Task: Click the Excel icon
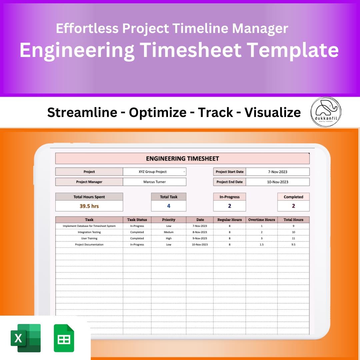(26, 338)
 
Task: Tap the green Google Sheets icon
(64, 338)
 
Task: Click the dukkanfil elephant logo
(326, 112)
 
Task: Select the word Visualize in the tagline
(272, 113)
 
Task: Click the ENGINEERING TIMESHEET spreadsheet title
(182, 159)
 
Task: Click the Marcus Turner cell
(154, 182)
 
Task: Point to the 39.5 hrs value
(89, 206)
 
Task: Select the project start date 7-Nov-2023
(277, 172)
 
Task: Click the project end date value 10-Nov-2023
(277, 182)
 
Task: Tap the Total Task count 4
(168, 206)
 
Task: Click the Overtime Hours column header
(261, 220)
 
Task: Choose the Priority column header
(168, 220)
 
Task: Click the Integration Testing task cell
(89, 232)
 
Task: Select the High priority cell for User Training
(168, 238)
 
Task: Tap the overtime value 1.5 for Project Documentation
(261, 245)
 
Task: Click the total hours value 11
(293, 238)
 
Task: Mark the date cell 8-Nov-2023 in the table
(200, 232)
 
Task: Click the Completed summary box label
(293, 197)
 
